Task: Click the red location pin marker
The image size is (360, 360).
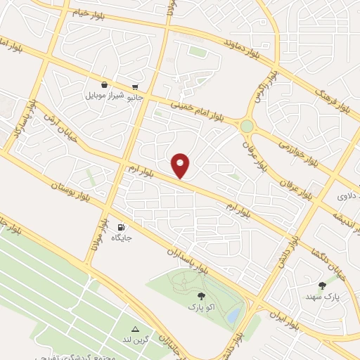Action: click(x=181, y=165)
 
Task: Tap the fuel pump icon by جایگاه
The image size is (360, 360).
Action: click(x=122, y=227)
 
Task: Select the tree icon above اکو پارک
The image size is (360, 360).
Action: click(x=202, y=297)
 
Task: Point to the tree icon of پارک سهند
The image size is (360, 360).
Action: click(x=323, y=285)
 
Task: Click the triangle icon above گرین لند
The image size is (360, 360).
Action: click(x=136, y=328)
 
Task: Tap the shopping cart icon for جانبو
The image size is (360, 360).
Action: click(x=134, y=87)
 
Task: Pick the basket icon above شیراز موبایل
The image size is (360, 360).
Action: click(x=104, y=84)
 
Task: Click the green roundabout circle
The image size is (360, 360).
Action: click(x=247, y=126)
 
